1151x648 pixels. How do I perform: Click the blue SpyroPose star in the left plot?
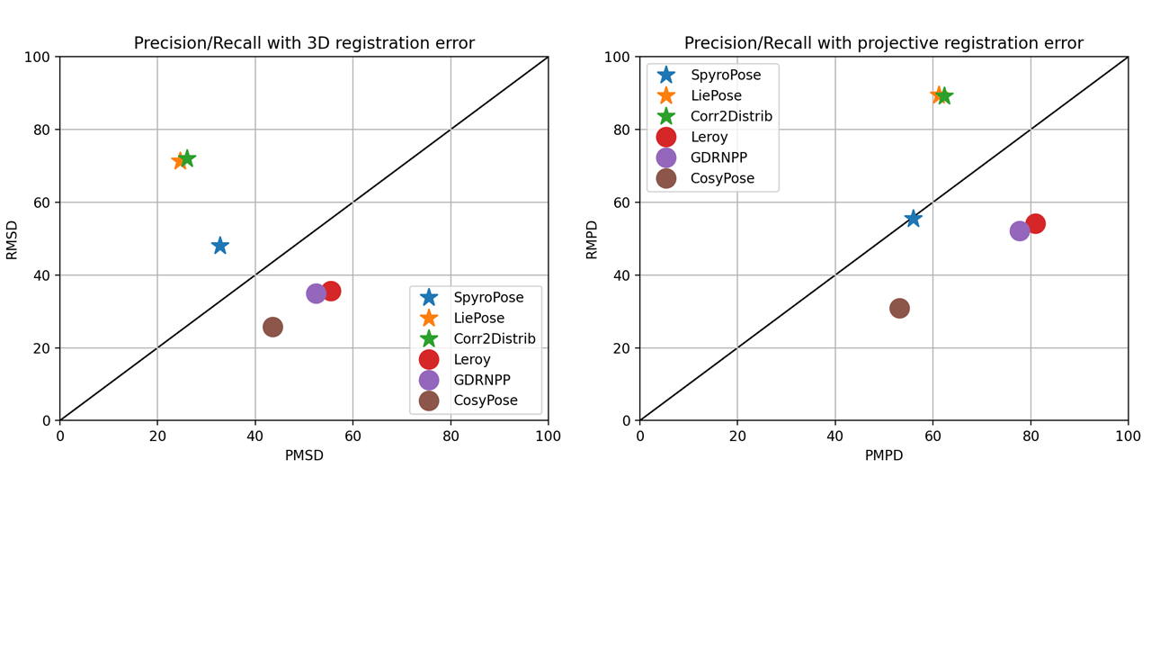click(x=219, y=246)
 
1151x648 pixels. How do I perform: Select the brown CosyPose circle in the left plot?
click(x=272, y=327)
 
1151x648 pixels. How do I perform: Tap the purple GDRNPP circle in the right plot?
click(x=1019, y=230)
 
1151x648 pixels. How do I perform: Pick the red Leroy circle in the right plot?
click(x=1035, y=223)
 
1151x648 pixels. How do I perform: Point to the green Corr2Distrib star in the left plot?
click(x=186, y=158)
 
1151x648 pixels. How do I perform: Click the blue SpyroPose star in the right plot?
click(x=913, y=218)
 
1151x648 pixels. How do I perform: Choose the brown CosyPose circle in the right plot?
click(x=899, y=308)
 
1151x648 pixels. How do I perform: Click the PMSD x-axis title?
click(x=304, y=455)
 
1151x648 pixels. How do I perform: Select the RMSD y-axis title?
click(x=12, y=239)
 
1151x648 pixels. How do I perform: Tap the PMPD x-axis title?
click(x=884, y=455)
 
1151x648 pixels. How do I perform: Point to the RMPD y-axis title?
click(x=592, y=239)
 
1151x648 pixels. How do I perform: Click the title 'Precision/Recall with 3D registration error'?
click(x=304, y=43)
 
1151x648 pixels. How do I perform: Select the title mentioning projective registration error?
click(x=884, y=43)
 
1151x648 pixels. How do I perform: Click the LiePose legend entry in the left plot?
click(x=478, y=318)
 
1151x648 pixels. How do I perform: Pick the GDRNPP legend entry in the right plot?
click(x=716, y=157)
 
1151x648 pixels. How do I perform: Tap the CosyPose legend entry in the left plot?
click(x=485, y=400)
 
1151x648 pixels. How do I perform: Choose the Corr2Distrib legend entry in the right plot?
click(x=731, y=116)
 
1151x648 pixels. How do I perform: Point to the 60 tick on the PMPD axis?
click(x=932, y=436)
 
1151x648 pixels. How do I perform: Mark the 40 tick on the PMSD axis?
click(x=254, y=436)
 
